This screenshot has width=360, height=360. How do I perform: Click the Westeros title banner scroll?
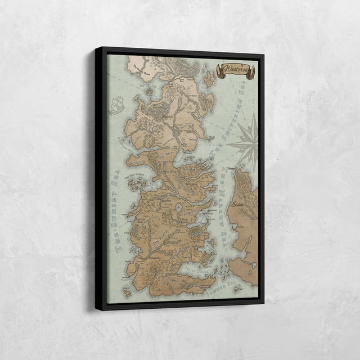(236, 71)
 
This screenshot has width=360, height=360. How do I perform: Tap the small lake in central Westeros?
(179, 209)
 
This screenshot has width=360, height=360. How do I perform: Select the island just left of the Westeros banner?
(208, 79)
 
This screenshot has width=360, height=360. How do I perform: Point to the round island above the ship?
(150, 90)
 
